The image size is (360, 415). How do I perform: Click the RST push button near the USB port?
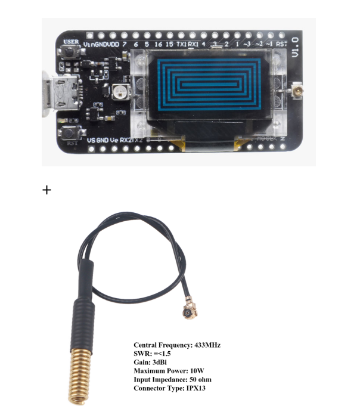(x=72, y=132)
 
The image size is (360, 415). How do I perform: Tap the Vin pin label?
(x=90, y=44)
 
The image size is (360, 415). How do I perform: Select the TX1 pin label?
(x=181, y=44)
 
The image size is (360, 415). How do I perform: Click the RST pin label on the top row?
(x=281, y=44)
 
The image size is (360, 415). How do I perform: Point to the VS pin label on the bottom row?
(x=91, y=140)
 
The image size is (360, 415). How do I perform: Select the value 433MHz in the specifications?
(x=206, y=345)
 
